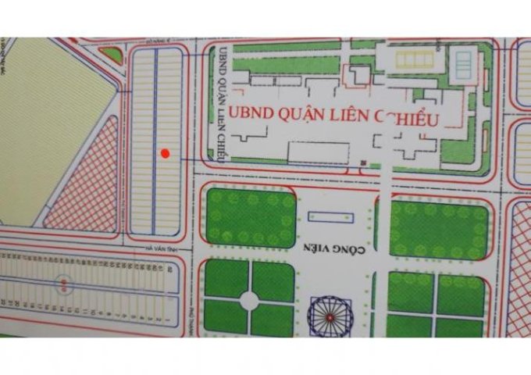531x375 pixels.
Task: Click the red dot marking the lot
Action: tap(165, 154)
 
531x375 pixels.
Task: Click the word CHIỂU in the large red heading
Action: tap(410, 117)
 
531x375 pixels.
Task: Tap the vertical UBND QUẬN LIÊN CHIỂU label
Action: tap(223, 101)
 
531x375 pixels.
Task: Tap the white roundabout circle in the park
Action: tap(250, 300)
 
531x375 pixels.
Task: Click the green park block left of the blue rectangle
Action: tap(251, 216)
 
